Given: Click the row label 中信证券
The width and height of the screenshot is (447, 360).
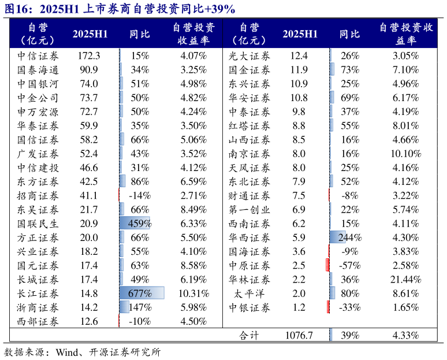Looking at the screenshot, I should [x=38, y=55].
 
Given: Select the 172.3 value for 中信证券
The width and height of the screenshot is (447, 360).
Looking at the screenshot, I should [x=89, y=55].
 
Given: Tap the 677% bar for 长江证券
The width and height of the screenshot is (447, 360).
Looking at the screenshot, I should [x=141, y=294].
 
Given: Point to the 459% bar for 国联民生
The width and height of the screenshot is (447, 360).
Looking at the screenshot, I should [x=135, y=224].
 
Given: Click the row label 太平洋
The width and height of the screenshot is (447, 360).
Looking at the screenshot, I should [x=249, y=294].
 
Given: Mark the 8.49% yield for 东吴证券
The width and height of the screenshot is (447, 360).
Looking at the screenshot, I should [x=193, y=210].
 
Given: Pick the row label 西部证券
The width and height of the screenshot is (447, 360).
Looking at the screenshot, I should [x=38, y=322].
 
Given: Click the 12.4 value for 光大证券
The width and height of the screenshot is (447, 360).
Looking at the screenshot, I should [x=299, y=55].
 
